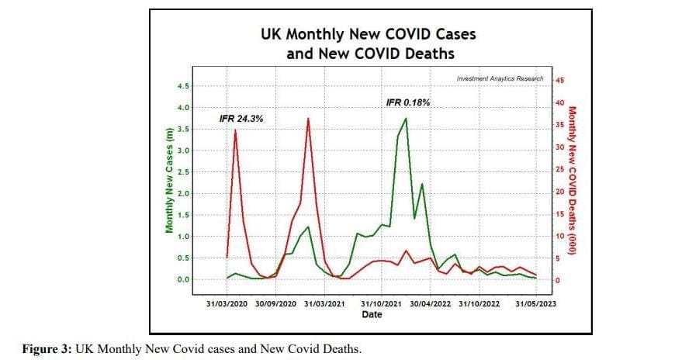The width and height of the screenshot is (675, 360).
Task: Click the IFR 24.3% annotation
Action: [x=241, y=119]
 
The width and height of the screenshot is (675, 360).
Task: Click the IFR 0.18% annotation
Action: [x=407, y=102]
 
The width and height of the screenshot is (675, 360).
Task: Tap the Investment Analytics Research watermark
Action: [x=500, y=78]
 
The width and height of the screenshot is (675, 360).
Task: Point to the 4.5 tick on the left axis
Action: [x=183, y=86]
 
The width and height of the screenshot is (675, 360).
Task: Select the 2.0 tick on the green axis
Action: [x=183, y=193]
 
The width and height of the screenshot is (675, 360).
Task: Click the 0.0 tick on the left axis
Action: [x=183, y=279]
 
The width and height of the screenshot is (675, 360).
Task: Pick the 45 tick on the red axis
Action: [x=559, y=80]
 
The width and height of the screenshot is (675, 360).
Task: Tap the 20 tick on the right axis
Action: [x=559, y=192]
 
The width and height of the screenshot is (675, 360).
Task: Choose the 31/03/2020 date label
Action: [x=227, y=304]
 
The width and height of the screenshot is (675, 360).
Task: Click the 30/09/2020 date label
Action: [x=276, y=304]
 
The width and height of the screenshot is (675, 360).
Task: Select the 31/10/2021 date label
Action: [x=382, y=304]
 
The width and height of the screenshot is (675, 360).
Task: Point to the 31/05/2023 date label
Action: [x=535, y=304]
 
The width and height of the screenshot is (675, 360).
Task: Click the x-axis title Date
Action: [x=372, y=314]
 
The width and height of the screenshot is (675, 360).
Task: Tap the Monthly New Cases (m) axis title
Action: [x=169, y=181]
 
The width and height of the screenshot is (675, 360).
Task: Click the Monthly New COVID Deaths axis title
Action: [x=572, y=181]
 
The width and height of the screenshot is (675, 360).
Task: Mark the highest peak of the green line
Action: [x=406, y=119]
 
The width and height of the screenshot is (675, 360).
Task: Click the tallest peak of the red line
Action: [x=308, y=119]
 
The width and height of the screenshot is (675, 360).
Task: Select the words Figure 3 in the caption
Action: [x=47, y=349]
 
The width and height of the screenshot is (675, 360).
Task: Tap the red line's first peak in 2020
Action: [x=235, y=130]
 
